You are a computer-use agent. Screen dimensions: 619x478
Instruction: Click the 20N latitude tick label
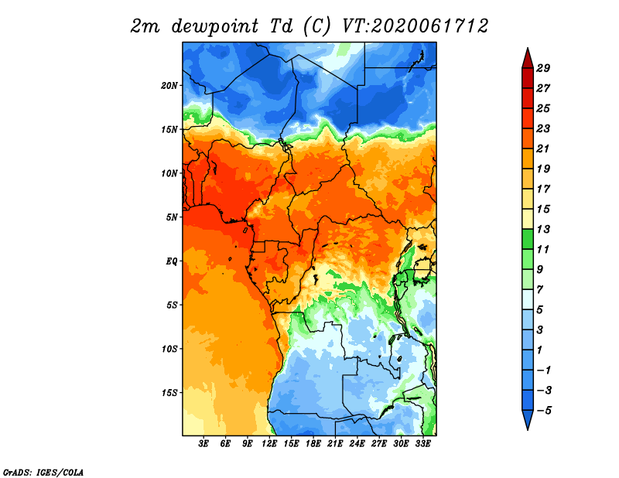point(169,85)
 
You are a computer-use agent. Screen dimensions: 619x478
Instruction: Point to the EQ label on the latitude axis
point(171,261)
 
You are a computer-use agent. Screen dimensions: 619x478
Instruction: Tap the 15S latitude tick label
point(169,393)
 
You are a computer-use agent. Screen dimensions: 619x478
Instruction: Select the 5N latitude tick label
point(172,217)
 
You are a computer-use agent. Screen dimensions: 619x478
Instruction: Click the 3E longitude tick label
point(203,444)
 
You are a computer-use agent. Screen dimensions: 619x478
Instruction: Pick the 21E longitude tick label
point(335,444)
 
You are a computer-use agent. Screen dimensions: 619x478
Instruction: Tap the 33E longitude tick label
point(422,444)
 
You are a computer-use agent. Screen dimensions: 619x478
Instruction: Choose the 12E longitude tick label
point(269,444)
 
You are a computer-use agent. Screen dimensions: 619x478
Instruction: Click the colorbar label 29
point(543,68)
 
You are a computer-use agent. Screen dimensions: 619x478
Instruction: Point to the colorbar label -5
point(544,411)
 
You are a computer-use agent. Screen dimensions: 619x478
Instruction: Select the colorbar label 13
point(543,229)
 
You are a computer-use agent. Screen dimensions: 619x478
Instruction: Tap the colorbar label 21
point(543,149)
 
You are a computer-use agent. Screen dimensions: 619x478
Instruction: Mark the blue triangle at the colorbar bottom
point(528,418)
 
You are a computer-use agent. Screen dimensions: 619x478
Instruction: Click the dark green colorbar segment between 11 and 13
point(528,239)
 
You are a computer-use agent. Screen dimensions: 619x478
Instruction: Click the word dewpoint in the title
point(214,26)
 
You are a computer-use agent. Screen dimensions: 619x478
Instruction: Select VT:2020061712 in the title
point(415,26)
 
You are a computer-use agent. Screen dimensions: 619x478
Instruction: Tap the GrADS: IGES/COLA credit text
point(43,472)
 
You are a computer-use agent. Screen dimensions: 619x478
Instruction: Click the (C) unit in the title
point(316,26)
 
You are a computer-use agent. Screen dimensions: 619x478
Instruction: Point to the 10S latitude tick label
point(169,349)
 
